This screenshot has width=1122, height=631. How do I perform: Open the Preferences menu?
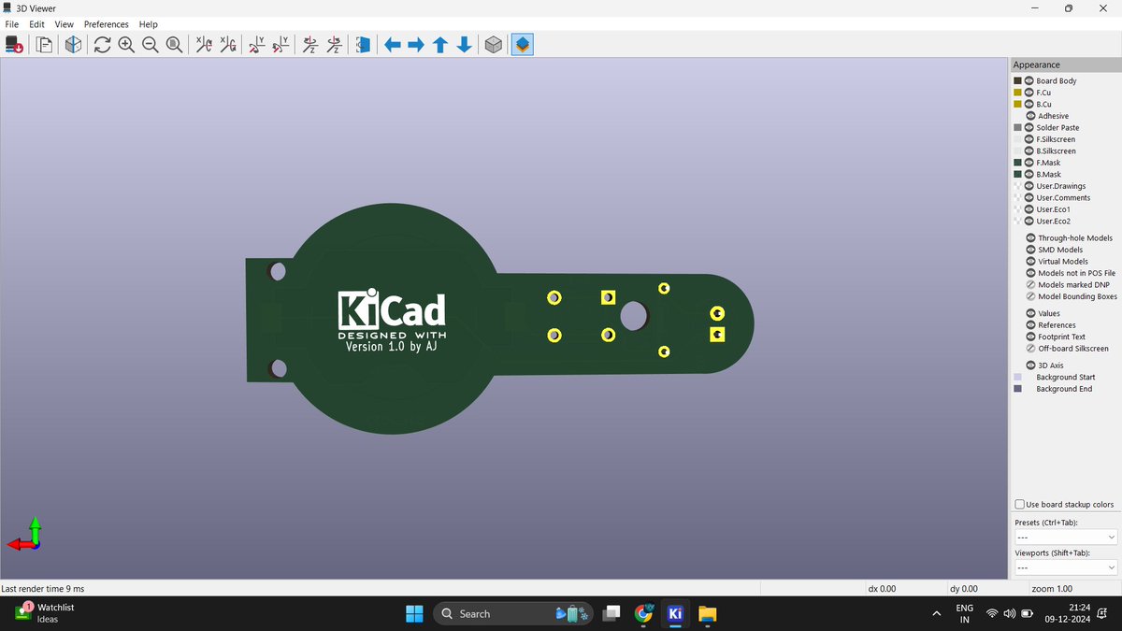[x=106, y=24]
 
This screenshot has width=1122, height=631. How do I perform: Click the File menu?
[x=11, y=24]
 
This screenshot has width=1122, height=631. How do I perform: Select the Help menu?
[x=149, y=24]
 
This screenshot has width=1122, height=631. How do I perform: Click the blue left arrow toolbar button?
[x=393, y=45]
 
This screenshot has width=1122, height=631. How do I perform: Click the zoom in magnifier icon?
[x=126, y=45]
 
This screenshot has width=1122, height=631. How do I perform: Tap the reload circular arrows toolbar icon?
[x=102, y=45]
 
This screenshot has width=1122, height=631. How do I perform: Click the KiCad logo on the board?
[x=391, y=308]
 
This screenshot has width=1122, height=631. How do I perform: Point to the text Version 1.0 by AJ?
[x=391, y=347]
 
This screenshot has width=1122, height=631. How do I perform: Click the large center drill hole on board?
[x=633, y=316]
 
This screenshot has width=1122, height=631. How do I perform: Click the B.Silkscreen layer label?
[x=1056, y=151]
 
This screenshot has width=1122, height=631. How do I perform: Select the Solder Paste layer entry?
[x=1057, y=128]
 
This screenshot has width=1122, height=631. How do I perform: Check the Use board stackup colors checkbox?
[x=1020, y=505]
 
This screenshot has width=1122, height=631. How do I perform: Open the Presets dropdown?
[x=1066, y=538]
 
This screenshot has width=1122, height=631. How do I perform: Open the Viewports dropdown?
[x=1066, y=568]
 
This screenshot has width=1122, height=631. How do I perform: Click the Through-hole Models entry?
[x=1075, y=238]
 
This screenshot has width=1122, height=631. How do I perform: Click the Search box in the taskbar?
[x=511, y=614]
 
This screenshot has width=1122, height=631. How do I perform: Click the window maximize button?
[x=1068, y=8]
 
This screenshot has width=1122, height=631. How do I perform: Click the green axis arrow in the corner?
[x=35, y=525]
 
